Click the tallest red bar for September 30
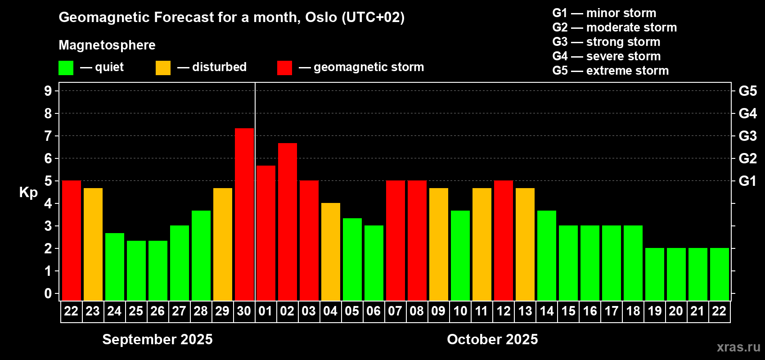(244, 214)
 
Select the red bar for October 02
(288, 222)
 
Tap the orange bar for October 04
(331, 252)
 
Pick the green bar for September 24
(115, 267)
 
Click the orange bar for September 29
(223, 244)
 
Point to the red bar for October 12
(504, 240)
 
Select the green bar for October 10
(460, 256)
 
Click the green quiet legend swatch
(66, 67)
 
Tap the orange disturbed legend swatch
(163, 67)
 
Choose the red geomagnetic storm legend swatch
(284, 67)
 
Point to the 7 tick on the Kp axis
(48, 136)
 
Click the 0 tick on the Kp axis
(48, 293)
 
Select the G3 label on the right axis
(747, 136)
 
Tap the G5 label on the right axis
(747, 91)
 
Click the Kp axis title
(28, 193)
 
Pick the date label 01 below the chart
(265, 311)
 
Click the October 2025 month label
(492, 339)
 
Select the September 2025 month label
(157, 339)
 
